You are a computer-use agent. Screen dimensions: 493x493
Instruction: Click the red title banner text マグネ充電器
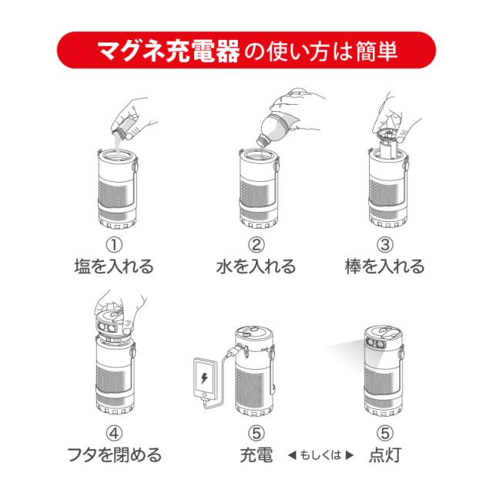point(169,51)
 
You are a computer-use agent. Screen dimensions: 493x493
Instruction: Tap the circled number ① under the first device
point(114,245)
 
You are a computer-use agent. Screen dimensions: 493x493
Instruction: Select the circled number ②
point(257,245)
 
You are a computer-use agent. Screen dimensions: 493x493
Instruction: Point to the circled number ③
point(385,245)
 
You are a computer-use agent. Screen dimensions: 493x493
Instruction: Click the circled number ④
point(114,433)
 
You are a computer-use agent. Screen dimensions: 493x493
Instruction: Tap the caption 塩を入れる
point(114,267)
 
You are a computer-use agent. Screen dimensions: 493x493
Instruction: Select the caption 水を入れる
point(256,267)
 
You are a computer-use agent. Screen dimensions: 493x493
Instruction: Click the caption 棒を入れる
point(385,267)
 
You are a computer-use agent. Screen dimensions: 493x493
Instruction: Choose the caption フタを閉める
point(115,454)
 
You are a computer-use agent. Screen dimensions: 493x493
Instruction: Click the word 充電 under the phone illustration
point(257,454)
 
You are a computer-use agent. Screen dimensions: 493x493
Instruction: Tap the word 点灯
point(385,454)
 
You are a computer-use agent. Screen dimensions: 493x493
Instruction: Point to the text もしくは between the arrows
point(320,455)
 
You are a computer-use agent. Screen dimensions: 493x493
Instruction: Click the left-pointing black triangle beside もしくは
point(292,455)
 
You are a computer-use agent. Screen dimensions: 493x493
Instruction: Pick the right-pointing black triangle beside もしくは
point(349,455)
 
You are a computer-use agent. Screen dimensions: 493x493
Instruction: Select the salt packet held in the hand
point(124,129)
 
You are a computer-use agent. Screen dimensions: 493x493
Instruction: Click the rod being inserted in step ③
point(388,146)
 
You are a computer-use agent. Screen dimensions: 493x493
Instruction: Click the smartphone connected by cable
point(205,379)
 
